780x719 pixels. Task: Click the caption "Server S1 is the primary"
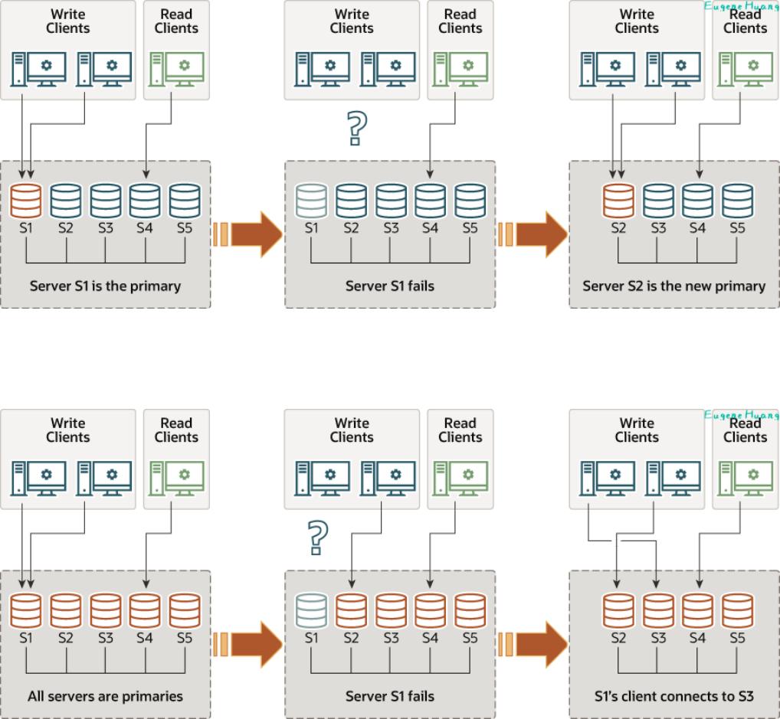[105, 286]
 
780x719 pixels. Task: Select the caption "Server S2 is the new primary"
[673, 286]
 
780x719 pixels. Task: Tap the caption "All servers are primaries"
[105, 696]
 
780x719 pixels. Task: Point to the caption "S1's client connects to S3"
[673, 696]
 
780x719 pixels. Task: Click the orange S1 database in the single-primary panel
[27, 201]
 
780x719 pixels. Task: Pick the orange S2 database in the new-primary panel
[618, 201]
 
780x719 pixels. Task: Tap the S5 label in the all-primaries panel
[184, 637]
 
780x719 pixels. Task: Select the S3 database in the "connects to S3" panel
[658, 611]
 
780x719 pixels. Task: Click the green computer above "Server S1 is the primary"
[177, 68]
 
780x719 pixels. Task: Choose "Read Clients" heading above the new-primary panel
[745, 21]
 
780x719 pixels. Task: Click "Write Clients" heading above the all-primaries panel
[69, 430]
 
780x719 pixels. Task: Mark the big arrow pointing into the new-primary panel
[541, 234]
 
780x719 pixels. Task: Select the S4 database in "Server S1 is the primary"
[145, 201]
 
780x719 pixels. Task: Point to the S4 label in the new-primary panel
[697, 227]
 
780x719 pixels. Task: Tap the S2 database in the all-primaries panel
[66, 611]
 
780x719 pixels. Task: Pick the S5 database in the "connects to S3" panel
[737, 611]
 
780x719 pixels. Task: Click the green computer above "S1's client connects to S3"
[746, 478]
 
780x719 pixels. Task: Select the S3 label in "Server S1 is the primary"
[105, 227]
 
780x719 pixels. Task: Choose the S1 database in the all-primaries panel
[27, 611]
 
